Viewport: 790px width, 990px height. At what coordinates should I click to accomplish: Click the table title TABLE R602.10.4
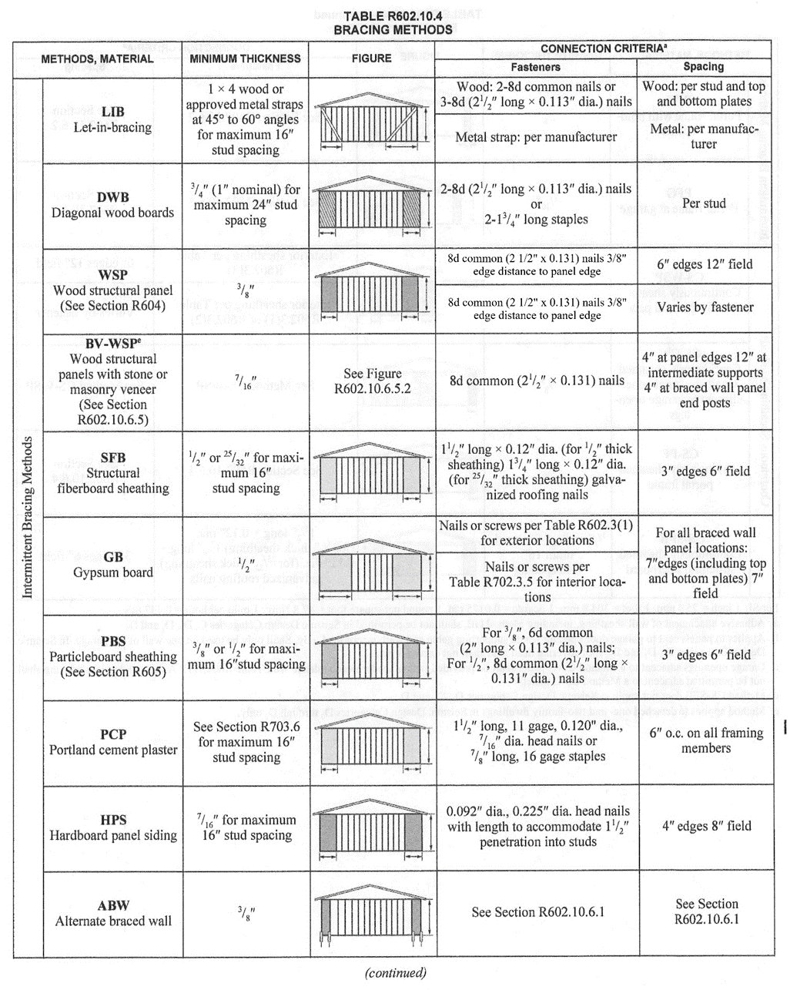[x=393, y=16]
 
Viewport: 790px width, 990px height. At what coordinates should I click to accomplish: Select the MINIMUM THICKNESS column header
[x=245, y=59]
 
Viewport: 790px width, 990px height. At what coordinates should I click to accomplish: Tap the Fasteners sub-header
[x=536, y=67]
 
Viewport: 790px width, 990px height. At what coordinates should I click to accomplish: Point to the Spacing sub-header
[x=703, y=67]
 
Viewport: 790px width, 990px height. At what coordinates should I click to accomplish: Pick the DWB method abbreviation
[x=112, y=197]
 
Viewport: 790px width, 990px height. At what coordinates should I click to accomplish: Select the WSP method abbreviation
[x=112, y=275]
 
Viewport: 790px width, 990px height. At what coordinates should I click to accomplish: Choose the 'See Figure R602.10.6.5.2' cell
[x=372, y=381]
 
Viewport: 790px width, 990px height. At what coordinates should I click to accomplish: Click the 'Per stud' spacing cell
[x=704, y=204]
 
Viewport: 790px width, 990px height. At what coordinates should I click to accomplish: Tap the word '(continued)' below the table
[x=394, y=972]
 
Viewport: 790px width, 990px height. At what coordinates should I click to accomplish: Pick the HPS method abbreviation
[x=112, y=820]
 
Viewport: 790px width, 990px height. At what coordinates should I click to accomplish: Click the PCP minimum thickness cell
[x=246, y=742]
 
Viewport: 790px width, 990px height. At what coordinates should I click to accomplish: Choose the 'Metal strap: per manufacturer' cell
[x=536, y=137]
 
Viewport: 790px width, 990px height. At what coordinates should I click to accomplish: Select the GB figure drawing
[x=372, y=570]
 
